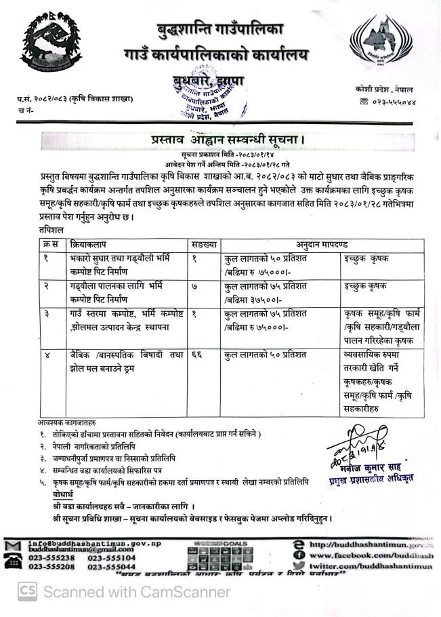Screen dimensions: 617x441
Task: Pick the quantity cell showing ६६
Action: click(196, 355)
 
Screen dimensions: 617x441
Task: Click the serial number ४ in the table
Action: click(46, 355)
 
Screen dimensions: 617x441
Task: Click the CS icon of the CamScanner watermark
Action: click(27, 591)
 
